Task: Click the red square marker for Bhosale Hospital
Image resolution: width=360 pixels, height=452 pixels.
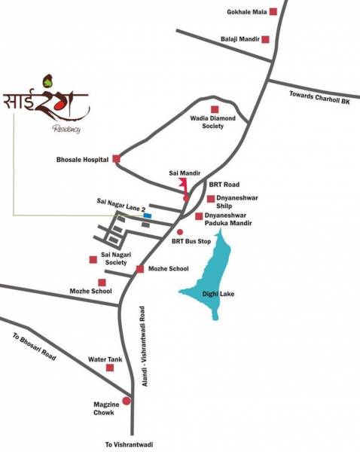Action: point(117,159)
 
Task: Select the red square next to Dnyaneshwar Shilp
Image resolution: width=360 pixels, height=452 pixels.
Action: point(211,199)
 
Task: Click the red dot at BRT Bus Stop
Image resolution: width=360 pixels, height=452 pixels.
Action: point(179,231)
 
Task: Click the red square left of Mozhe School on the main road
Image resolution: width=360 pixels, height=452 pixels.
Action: point(139,269)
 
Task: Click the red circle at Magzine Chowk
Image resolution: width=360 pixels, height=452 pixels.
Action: point(126,401)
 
